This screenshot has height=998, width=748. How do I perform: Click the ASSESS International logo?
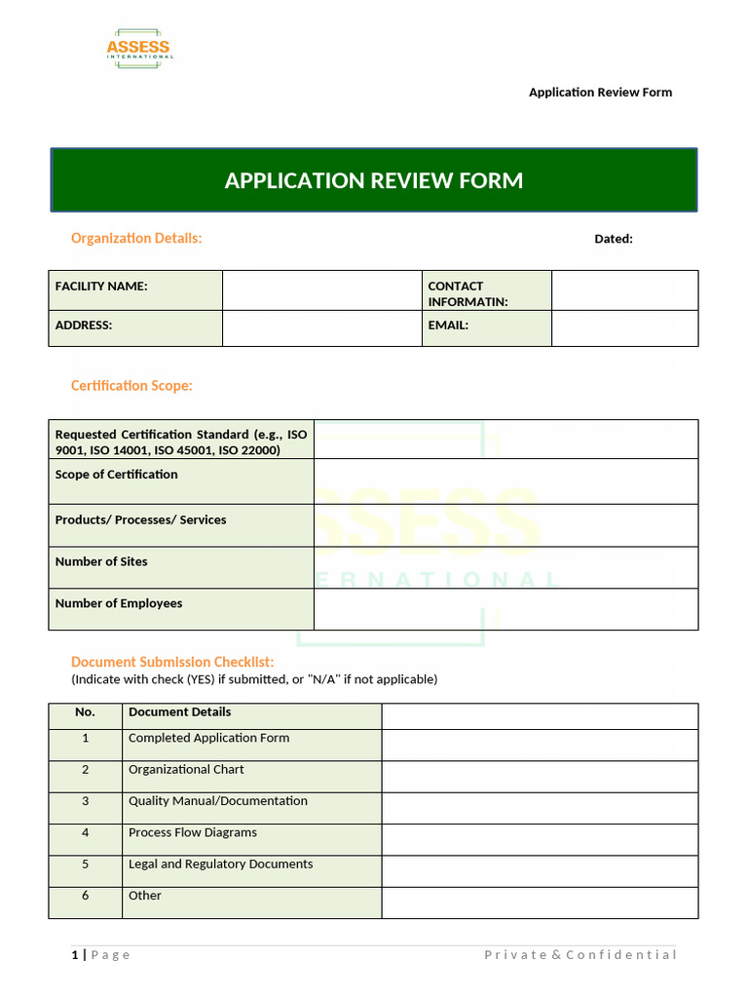139,50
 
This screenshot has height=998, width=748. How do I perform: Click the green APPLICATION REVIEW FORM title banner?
374,180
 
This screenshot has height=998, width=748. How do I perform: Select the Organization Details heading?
136,238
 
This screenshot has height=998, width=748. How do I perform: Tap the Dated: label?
614,239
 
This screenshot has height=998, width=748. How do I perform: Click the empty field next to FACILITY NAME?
321,290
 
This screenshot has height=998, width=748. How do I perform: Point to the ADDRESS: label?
84,326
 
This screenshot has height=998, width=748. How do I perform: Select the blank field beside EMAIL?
624,327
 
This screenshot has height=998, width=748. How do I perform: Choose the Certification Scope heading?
131,386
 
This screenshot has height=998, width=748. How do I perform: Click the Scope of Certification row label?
117,475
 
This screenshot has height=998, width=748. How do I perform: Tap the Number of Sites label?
101,561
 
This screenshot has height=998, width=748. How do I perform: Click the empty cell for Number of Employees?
505,609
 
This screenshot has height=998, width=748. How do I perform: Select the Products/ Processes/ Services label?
140,520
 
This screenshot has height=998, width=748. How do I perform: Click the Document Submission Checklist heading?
172,663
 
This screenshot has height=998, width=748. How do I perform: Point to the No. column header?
85,712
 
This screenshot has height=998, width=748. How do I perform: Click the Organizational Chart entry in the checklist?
186,770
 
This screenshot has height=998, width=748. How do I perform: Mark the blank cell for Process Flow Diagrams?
539,839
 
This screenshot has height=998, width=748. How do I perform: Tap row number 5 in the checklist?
85,864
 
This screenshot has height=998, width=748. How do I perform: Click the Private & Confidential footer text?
580,954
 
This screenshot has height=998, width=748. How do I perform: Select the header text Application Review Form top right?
600,93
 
